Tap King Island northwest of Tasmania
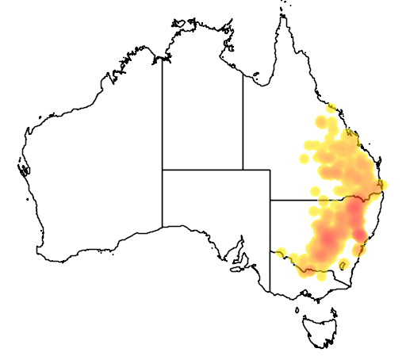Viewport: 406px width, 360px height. (297, 312)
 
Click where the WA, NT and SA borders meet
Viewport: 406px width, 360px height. (163, 169)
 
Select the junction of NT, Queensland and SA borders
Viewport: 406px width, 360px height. (243, 169)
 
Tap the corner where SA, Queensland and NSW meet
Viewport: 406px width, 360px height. (270, 200)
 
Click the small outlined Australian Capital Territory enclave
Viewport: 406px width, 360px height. (344, 264)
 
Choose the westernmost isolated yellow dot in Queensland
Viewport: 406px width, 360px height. (304, 159)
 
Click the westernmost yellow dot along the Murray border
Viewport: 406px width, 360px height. (280, 253)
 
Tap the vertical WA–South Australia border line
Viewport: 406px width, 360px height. (163, 198)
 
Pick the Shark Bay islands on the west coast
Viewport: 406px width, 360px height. (23, 169)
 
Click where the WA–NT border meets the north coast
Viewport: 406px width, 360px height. (163, 59)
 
